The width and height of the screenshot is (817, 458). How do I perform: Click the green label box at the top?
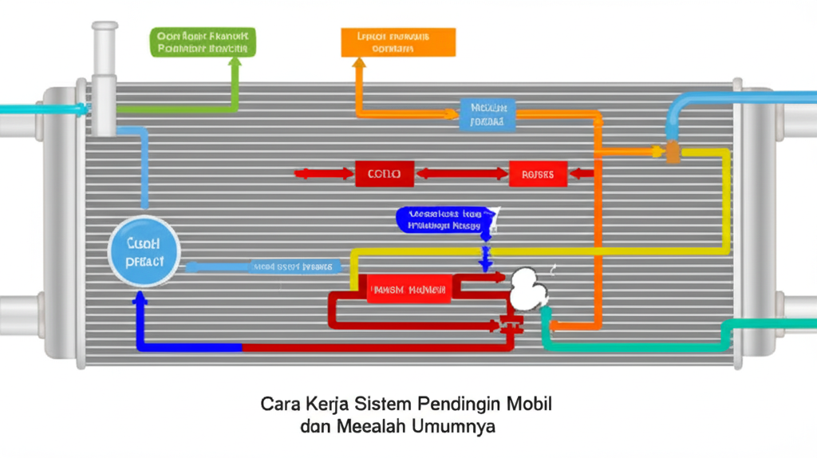tap(203, 41)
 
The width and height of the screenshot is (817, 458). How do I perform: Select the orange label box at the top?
tap(398, 41)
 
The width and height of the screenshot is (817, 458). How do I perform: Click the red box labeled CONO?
tap(384, 172)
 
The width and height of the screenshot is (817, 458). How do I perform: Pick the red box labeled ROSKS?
tap(538, 172)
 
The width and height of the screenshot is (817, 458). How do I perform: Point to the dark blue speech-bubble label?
tap(444, 219)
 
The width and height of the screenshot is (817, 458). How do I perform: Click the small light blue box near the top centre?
tap(487, 115)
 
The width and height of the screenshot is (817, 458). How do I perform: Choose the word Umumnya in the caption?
tap(453, 426)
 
